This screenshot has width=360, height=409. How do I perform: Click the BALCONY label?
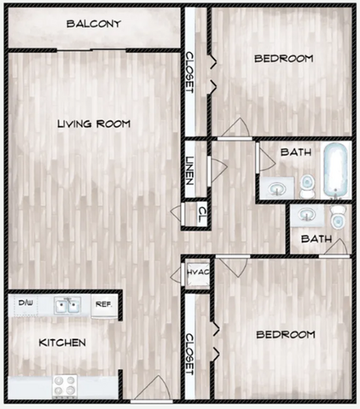(94, 24)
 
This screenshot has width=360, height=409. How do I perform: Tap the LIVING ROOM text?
(94, 124)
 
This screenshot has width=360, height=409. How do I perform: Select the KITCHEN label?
(62, 343)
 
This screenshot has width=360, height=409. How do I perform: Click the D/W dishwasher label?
(26, 302)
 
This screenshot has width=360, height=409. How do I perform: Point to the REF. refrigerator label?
(104, 304)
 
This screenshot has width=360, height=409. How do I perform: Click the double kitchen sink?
(67, 305)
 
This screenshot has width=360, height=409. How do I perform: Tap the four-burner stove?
(65, 386)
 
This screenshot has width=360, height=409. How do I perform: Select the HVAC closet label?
(198, 272)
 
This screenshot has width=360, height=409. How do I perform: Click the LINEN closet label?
(189, 171)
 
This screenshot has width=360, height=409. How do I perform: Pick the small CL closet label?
(202, 215)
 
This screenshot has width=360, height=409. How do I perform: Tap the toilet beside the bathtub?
(307, 187)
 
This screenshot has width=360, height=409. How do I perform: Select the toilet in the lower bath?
(338, 217)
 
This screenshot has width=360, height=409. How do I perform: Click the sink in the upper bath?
(277, 187)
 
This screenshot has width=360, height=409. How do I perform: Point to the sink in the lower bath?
(308, 216)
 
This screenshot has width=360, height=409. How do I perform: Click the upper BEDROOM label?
(284, 59)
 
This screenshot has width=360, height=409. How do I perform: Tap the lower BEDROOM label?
(286, 334)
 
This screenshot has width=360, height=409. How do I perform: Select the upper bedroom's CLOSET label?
(189, 72)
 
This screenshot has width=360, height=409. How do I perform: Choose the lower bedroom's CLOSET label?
(189, 354)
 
